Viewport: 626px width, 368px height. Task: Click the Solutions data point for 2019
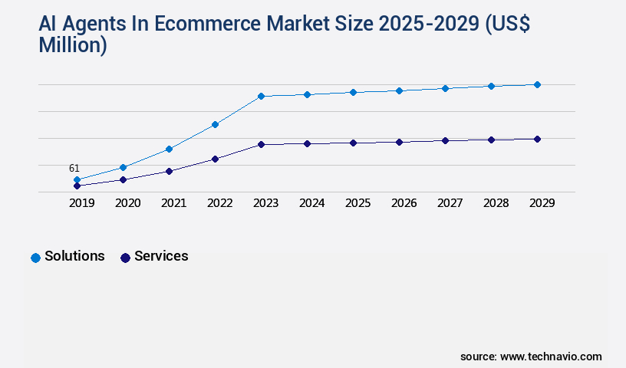[x=77, y=180]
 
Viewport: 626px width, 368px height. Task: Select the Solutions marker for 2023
[x=261, y=97]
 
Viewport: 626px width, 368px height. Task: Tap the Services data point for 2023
[x=261, y=144]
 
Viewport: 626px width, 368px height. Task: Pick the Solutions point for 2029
[x=537, y=84]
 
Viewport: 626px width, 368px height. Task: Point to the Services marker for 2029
[x=537, y=139]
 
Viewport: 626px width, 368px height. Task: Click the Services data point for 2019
[x=77, y=186]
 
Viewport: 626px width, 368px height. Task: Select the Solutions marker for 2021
[x=169, y=149]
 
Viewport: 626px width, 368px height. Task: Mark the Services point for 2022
[x=215, y=159]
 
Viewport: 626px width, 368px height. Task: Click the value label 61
[x=74, y=168]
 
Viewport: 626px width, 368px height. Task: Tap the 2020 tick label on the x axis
[x=127, y=203]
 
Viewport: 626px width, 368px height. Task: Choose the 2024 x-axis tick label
[x=311, y=203]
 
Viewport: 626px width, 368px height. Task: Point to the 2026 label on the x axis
[x=404, y=203]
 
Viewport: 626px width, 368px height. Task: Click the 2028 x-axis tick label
[x=496, y=203]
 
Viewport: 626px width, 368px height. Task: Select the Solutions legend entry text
[x=74, y=256]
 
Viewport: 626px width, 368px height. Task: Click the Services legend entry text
[x=161, y=256]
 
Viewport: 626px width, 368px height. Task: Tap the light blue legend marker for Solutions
[x=35, y=258]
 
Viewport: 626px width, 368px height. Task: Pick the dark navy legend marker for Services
[x=125, y=258]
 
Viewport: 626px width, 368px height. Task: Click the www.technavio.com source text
[x=551, y=356]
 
